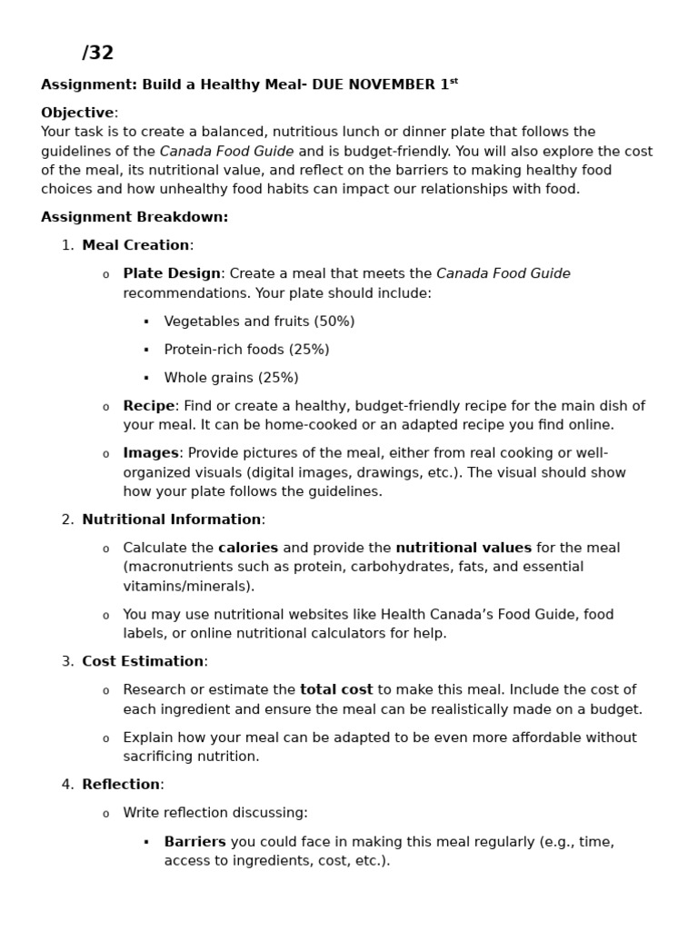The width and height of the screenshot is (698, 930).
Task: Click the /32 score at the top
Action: click(x=97, y=54)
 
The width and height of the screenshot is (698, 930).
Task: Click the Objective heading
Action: click(x=78, y=113)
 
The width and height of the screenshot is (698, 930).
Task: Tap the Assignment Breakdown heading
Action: click(x=135, y=217)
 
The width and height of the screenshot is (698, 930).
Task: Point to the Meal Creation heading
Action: click(x=135, y=245)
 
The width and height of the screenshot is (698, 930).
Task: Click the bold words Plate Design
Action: click(x=172, y=273)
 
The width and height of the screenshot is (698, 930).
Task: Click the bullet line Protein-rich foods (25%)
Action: click(x=246, y=350)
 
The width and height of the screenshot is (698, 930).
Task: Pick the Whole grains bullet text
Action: click(x=231, y=378)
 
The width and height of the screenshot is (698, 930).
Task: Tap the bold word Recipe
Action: click(x=148, y=406)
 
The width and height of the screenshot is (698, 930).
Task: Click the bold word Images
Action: click(x=151, y=453)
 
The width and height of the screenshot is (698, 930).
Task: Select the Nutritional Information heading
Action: click(x=171, y=519)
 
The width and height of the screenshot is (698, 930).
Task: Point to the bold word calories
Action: click(x=248, y=548)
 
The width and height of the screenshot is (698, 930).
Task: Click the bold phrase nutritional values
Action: click(x=464, y=548)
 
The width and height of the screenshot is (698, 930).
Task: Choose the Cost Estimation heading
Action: click(x=143, y=661)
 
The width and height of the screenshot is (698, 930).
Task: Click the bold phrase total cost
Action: click(x=336, y=689)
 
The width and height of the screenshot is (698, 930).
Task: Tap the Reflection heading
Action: click(x=121, y=785)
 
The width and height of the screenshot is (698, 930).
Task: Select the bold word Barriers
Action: click(x=194, y=842)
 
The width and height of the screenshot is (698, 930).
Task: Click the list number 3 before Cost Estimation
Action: click(x=67, y=661)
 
